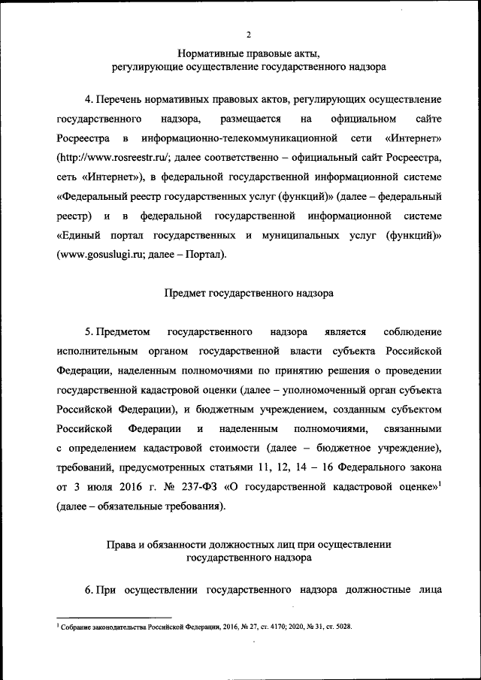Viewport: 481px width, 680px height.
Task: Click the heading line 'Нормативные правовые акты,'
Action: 249,53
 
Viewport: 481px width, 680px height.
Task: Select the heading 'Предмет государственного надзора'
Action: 249,293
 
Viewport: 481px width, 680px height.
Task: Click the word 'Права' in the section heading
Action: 119,545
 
